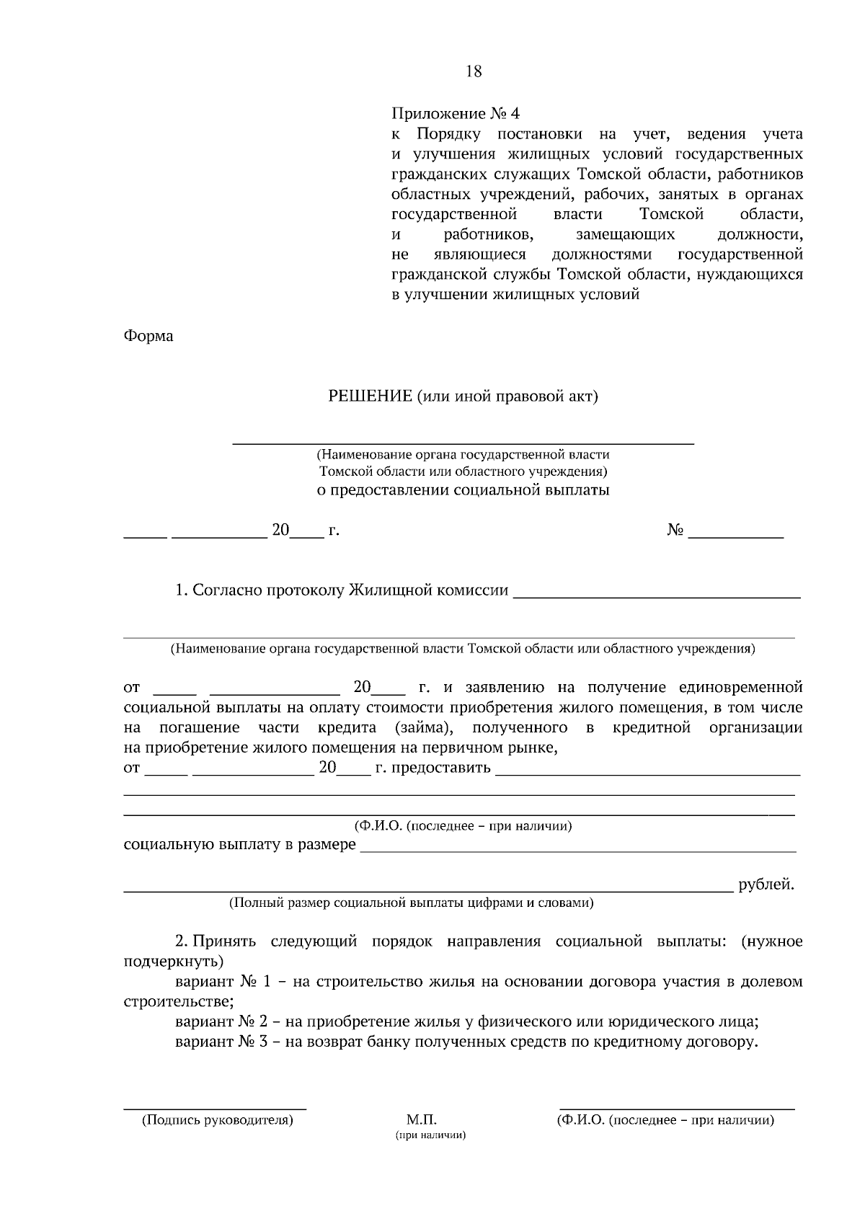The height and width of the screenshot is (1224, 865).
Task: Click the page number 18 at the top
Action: pyautogui.click(x=474, y=71)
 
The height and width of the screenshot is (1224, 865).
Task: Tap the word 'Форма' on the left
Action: pyautogui.click(x=148, y=336)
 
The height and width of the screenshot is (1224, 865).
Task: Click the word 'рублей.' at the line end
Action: pyautogui.click(x=766, y=884)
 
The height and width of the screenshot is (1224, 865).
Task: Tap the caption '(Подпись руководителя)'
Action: pyautogui.click(x=217, y=1120)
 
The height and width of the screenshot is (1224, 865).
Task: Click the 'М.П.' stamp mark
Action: pyautogui.click(x=422, y=1120)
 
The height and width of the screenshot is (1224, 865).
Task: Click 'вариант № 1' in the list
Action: pyautogui.click(x=223, y=982)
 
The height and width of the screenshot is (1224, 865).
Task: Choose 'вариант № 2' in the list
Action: pyautogui.click(x=223, y=1021)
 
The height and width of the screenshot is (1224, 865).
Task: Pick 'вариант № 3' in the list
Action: pyautogui.click(x=223, y=1042)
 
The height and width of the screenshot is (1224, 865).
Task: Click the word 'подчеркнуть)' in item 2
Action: pyautogui.click(x=174, y=962)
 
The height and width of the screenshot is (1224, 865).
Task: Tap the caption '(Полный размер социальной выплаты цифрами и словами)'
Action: pyautogui.click(x=411, y=903)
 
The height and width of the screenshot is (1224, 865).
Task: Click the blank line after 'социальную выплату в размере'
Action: pyautogui.click(x=577, y=851)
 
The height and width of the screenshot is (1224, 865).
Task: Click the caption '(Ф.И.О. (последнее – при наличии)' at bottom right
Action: pyautogui.click(x=665, y=1120)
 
